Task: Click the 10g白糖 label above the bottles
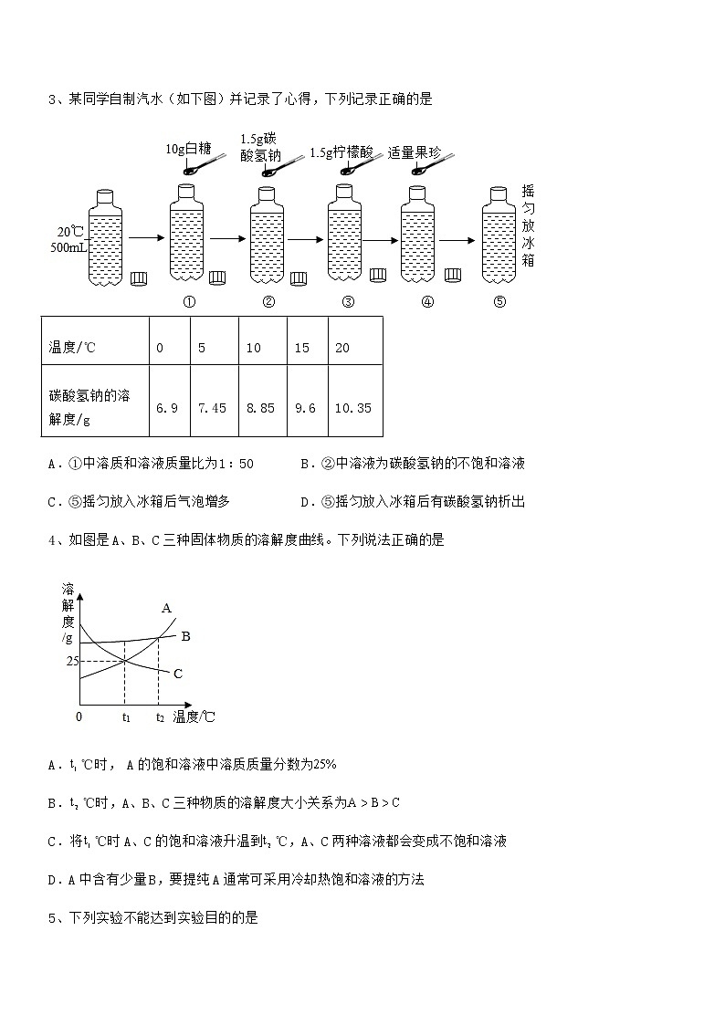point(189,149)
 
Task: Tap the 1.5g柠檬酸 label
point(341,152)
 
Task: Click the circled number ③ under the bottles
point(347,303)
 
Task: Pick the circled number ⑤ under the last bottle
point(499,303)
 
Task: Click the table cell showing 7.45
point(212,408)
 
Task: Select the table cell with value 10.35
point(353,408)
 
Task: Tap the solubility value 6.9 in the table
point(166,408)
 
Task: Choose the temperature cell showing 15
point(302,348)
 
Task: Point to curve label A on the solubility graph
point(167,607)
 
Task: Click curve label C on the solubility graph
point(178,674)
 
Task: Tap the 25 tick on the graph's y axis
point(72,661)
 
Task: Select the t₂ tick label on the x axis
point(160,717)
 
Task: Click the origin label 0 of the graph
point(79,717)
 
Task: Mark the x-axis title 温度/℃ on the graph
point(194,717)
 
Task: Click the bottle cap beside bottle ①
point(217,277)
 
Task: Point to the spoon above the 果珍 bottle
point(430,165)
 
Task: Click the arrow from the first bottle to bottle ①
point(145,237)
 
